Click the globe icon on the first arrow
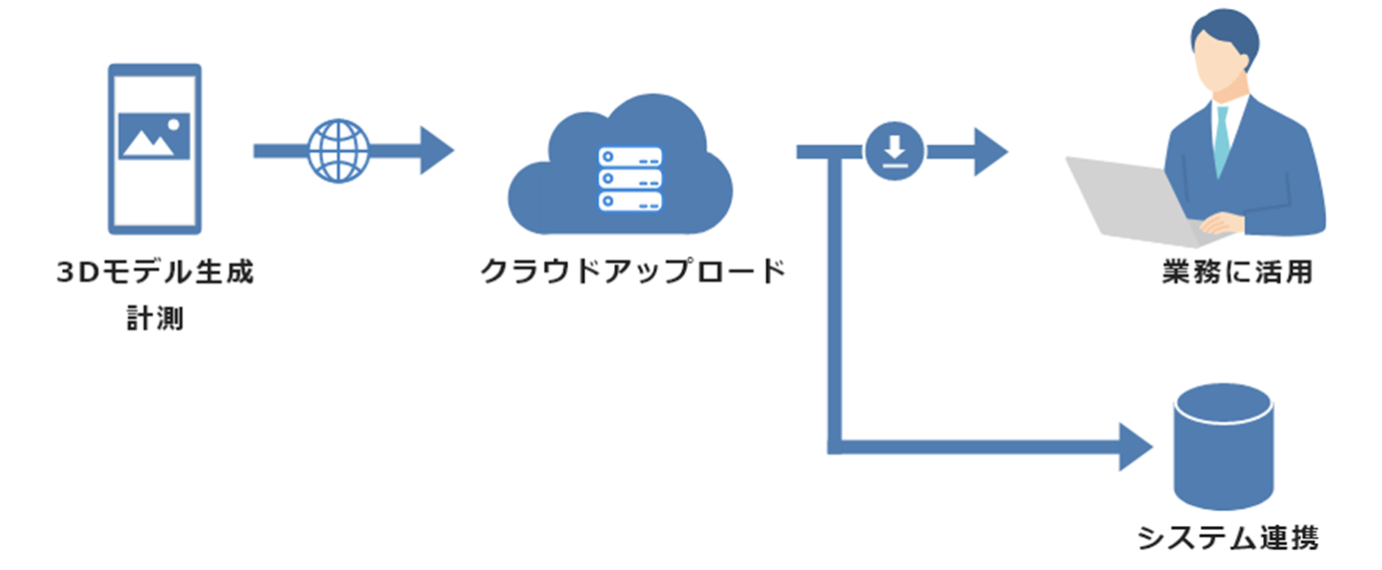coord(338,151)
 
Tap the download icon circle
coord(894,151)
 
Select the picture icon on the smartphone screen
coord(154,137)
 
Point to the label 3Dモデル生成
coord(155,274)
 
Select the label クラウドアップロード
coord(633,272)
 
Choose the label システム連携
coord(1227,539)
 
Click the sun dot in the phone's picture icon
coord(175,125)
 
